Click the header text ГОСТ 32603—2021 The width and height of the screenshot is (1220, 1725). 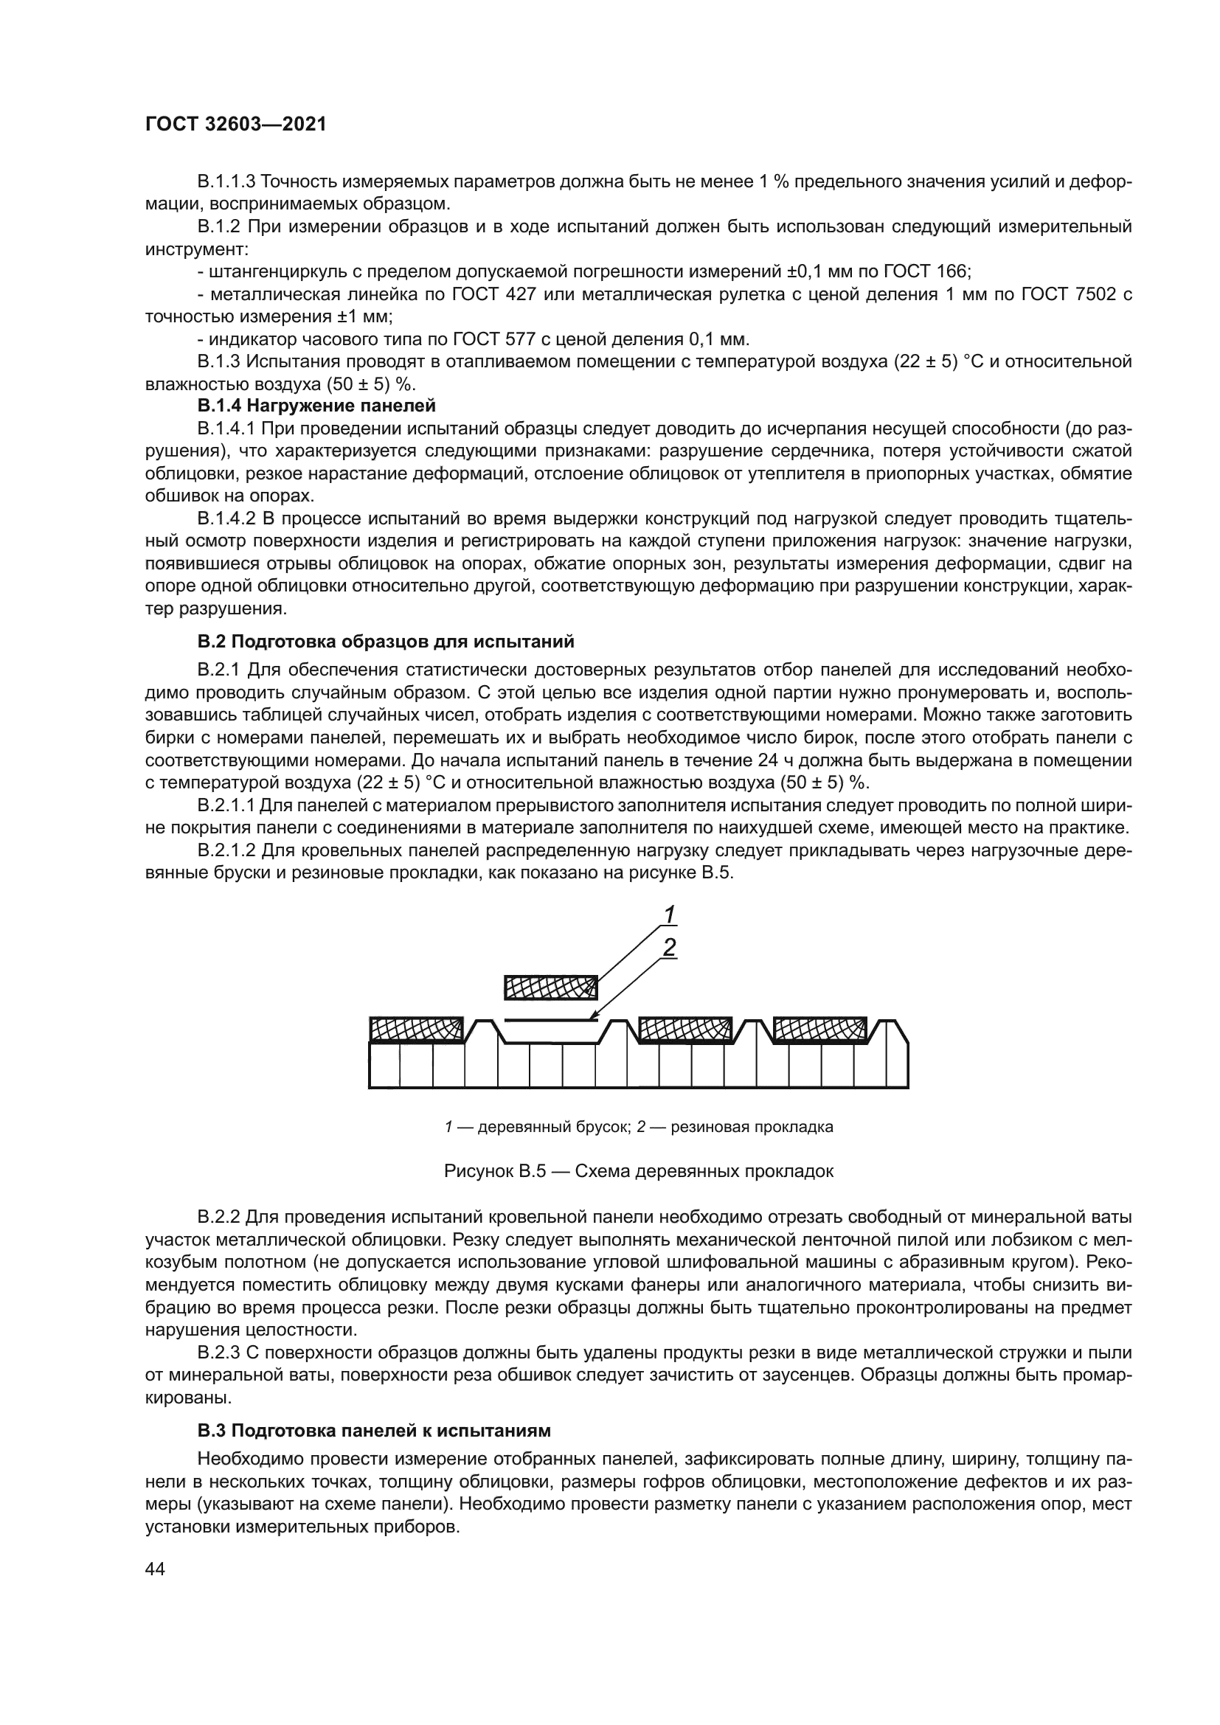tap(235, 125)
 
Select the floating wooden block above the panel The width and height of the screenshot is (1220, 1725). tap(551, 988)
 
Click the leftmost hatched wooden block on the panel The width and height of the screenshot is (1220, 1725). tap(417, 1030)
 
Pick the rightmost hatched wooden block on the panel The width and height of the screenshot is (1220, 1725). tap(819, 1030)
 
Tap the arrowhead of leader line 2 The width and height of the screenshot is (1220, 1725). tap(595, 1017)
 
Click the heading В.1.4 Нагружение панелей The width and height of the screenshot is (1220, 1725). tap(316, 406)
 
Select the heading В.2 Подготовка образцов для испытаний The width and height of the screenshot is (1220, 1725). tap(385, 642)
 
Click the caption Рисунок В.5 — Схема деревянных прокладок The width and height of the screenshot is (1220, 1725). tap(639, 1171)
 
